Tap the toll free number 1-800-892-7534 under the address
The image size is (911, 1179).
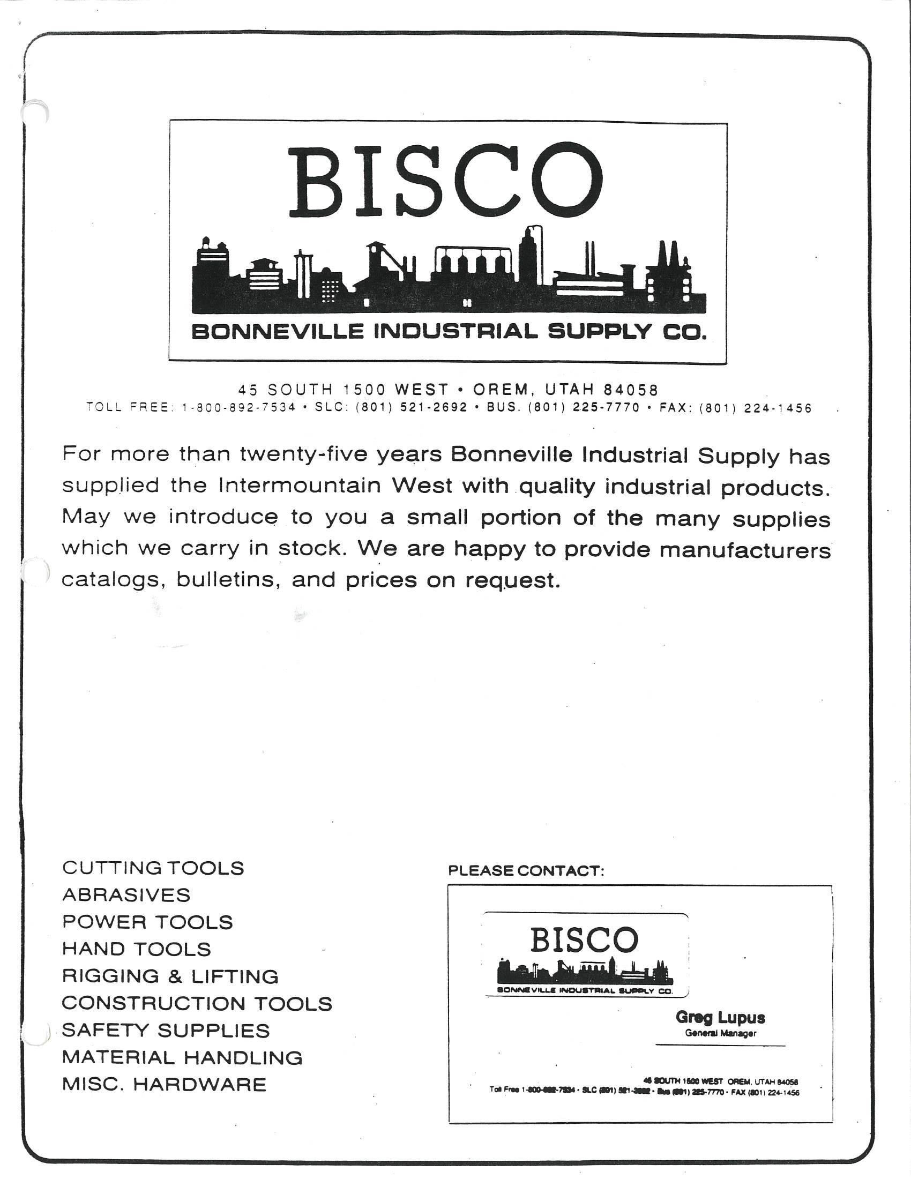(238, 408)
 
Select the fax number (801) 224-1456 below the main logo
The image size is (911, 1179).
(755, 408)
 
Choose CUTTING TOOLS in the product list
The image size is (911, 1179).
(153, 868)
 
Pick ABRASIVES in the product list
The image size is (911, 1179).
(126, 895)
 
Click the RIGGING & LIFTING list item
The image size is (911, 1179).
(170, 976)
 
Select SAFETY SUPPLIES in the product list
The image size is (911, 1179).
(166, 1030)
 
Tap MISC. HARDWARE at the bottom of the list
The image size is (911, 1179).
(164, 1085)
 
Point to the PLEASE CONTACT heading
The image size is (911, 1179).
(526, 871)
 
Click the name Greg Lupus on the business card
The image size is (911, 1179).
(720, 1018)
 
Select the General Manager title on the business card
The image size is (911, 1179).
(720, 1033)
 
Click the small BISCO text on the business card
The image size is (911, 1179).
(584, 941)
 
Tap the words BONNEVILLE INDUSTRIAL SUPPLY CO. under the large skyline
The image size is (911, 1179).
(449, 331)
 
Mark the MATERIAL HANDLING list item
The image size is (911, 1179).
(182, 1057)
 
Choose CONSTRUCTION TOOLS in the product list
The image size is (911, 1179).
(197, 1004)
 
